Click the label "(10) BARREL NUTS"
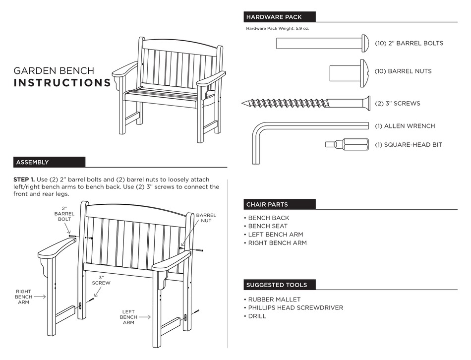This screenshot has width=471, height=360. coord(403,71)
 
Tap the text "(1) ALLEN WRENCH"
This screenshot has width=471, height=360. coord(405,126)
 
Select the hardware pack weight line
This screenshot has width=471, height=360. coord(278,28)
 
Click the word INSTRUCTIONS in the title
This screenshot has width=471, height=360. coord(62,83)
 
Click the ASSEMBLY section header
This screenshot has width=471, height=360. coord(33,162)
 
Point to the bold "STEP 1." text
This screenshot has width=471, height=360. coord(24,180)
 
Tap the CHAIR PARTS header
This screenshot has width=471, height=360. coord(267,204)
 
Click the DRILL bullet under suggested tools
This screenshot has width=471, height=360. coord(257,316)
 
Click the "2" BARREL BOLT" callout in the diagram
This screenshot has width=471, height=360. coord(64,213)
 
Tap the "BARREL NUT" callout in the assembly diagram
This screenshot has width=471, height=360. coord(206,218)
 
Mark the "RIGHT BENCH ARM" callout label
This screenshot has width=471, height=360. coord(24,297)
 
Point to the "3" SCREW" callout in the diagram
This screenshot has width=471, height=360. coord(101,280)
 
